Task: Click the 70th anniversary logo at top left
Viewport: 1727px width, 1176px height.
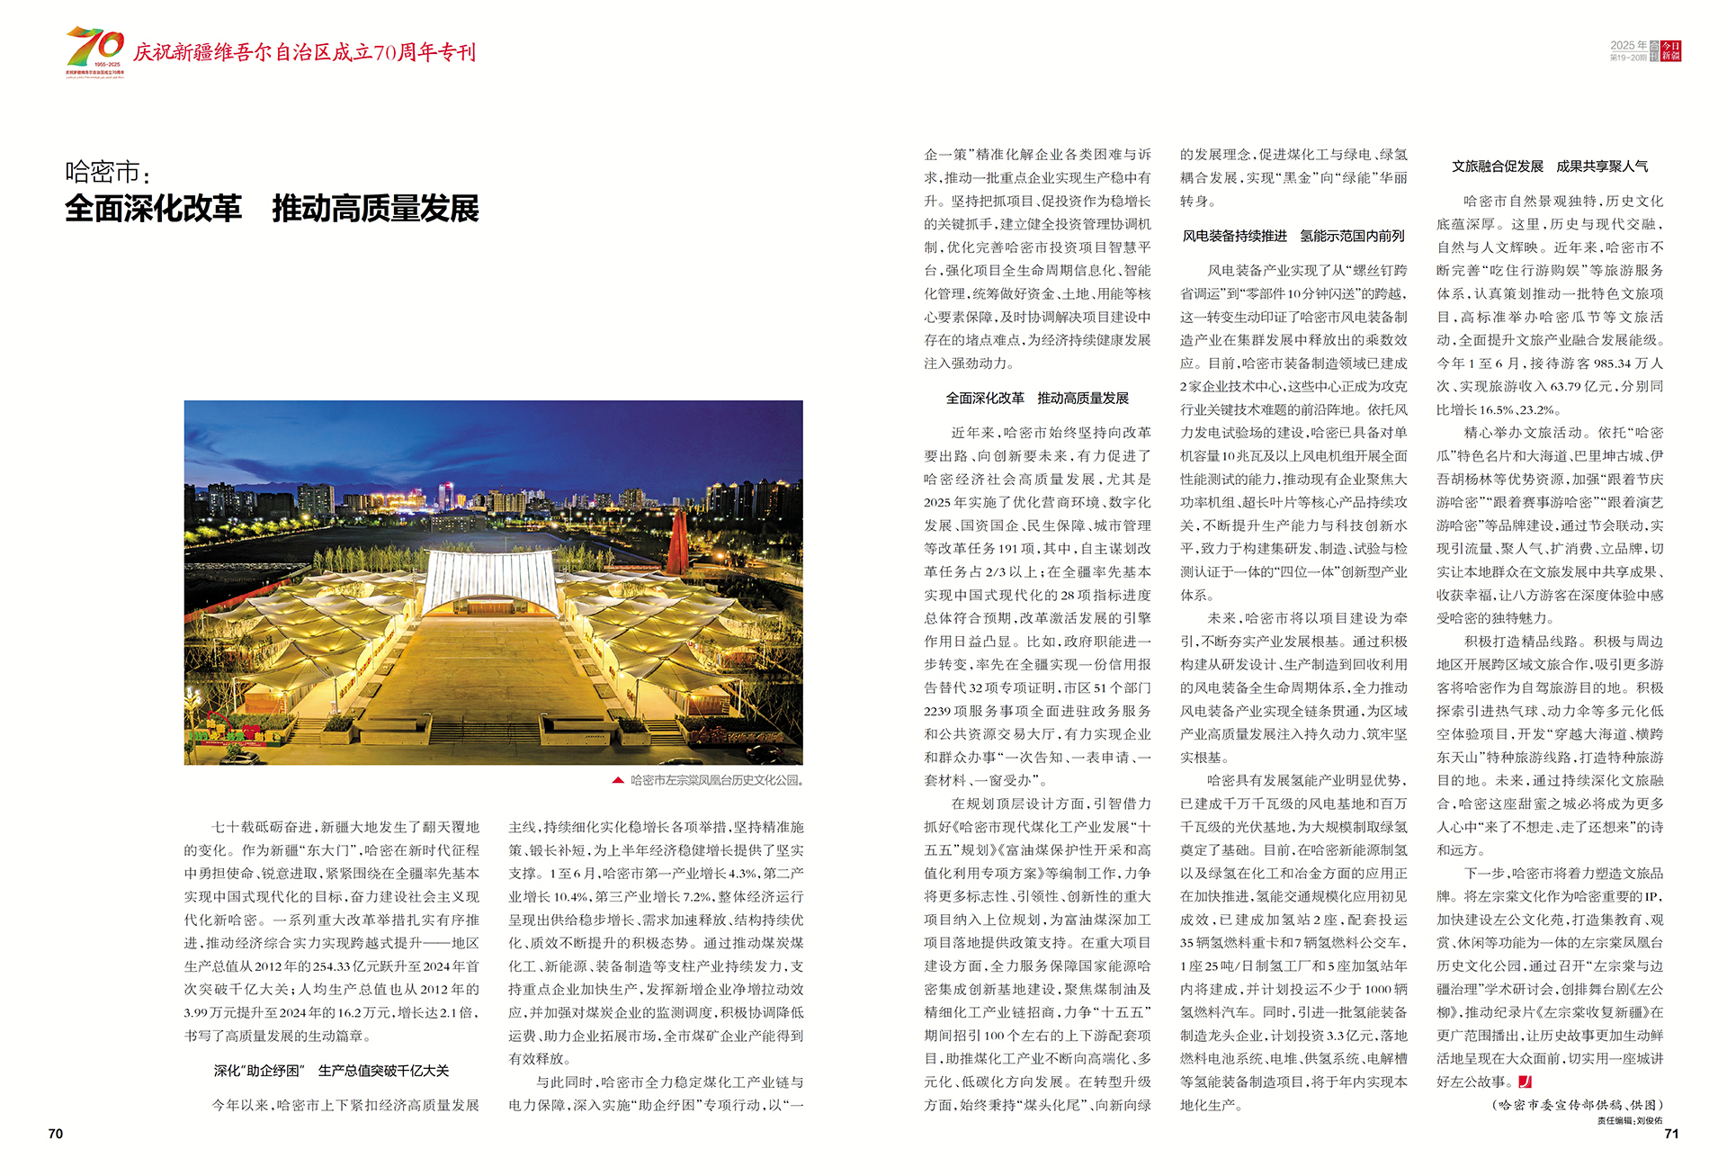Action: (x=94, y=52)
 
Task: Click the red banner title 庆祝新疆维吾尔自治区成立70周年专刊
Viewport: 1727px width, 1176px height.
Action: (x=304, y=52)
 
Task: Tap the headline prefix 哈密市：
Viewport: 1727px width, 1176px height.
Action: (x=107, y=172)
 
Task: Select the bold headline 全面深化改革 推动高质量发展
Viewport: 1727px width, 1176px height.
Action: (x=272, y=209)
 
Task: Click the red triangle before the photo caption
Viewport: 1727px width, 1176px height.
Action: (x=618, y=780)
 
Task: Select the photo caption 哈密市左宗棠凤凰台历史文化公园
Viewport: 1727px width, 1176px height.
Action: (x=716, y=780)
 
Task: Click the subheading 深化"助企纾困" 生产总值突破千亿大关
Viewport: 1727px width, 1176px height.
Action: (x=331, y=1071)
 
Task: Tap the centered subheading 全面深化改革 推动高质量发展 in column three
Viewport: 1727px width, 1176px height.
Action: (x=1036, y=398)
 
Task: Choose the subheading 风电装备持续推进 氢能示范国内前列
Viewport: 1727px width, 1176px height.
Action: (x=1293, y=236)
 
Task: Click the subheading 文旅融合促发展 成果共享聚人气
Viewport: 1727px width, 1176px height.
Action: (x=1549, y=166)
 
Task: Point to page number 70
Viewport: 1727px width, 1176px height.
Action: (x=56, y=1134)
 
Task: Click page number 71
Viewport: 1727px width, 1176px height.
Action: (x=1671, y=1134)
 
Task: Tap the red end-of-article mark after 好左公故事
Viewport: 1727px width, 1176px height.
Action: (x=1525, y=1082)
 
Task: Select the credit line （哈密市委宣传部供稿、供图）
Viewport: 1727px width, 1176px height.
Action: (x=1577, y=1105)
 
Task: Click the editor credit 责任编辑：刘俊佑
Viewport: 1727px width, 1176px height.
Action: (x=1629, y=1120)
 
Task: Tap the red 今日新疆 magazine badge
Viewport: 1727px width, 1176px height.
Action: (x=1670, y=50)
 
